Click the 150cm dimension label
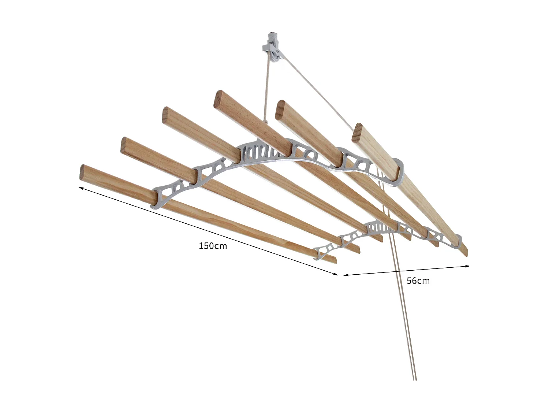[213, 246]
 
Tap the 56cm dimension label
[418, 281]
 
